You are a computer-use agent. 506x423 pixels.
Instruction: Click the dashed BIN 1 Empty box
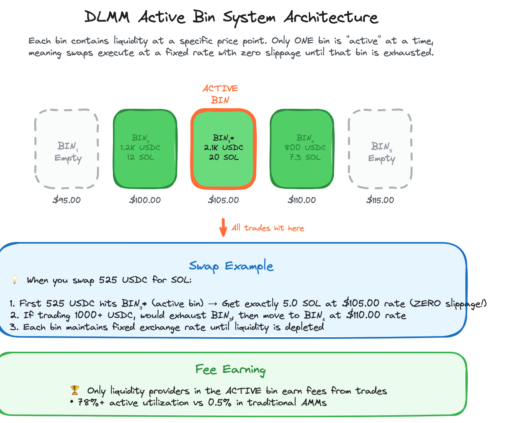67,149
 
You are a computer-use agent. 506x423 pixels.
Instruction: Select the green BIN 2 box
145,149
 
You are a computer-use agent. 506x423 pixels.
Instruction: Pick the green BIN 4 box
302,149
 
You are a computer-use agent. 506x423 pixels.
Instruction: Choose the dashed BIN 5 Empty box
380,149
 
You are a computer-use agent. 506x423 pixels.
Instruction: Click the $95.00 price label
67,200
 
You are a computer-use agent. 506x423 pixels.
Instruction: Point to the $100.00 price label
145,200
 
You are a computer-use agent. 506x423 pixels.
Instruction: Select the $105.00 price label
223,200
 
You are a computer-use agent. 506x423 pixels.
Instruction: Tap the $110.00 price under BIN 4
302,200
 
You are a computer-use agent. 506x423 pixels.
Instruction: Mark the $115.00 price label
380,200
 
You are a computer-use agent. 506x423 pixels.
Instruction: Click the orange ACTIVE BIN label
220,94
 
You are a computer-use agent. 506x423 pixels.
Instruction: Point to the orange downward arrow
223,228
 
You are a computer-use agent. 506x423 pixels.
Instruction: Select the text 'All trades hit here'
268,228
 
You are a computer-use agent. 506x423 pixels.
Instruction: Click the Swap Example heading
231,266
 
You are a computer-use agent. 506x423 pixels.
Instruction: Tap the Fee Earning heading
230,370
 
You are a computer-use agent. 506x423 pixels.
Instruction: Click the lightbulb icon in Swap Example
15,280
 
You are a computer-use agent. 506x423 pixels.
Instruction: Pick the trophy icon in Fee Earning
74,390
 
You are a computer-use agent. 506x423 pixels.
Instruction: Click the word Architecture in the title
331,17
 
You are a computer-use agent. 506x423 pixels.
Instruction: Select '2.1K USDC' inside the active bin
223,148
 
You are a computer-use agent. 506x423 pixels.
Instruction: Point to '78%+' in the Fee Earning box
91,403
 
